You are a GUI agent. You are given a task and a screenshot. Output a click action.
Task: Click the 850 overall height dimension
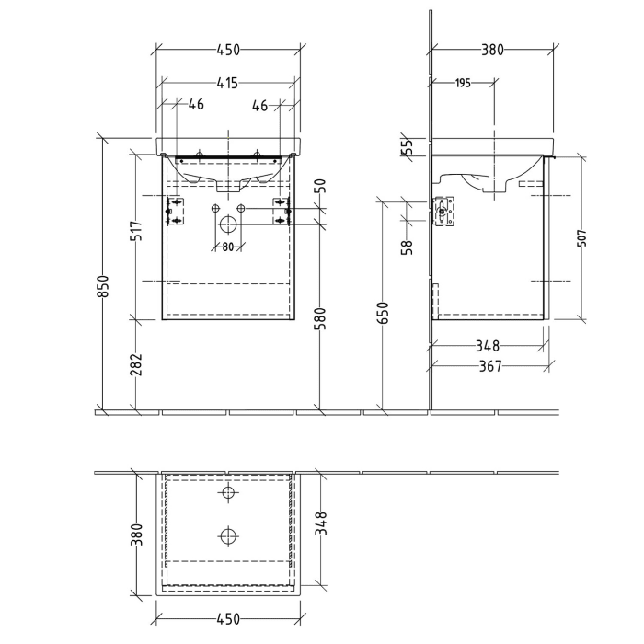[x=104, y=286]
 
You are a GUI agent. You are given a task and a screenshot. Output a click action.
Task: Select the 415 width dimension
[x=227, y=84]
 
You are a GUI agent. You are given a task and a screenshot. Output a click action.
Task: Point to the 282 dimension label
[x=134, y=365]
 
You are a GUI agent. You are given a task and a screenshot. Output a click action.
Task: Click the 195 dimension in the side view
[x=462, y=84]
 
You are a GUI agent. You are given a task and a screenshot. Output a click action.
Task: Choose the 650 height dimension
[x=383, y=314]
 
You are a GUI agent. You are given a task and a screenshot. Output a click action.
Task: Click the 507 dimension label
[x=582, y=237]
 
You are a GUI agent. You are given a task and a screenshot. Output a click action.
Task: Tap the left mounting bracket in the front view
[x=173, y=211]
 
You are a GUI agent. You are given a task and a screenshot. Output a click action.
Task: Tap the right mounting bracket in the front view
[x=282, y=211]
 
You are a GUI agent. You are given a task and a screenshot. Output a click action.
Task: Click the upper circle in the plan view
[x=227, y=493]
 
